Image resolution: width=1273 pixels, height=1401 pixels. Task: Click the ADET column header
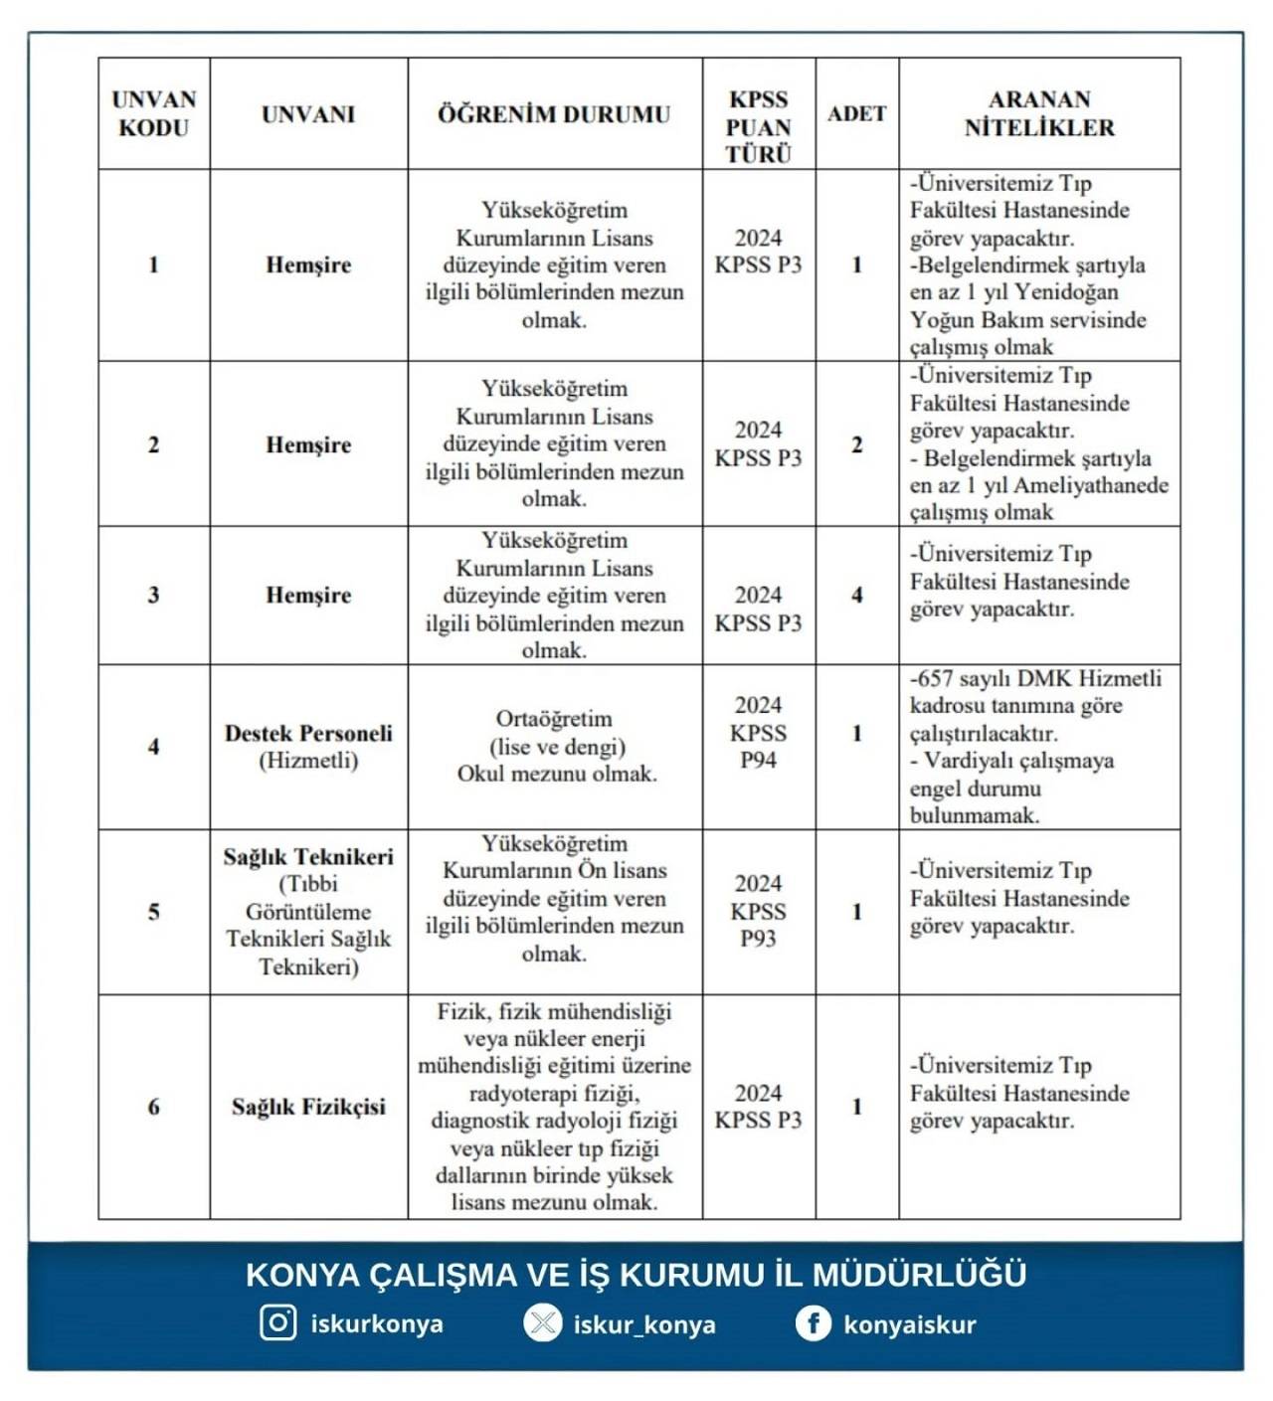click(x=856, y=113)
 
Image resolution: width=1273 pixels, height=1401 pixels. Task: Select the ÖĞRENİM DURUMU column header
click(x=554, y=113)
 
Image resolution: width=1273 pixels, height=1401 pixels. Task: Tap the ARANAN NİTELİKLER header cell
click(x=1039, y=113)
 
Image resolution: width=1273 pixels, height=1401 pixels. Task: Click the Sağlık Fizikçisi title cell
click(x=308, y=1107)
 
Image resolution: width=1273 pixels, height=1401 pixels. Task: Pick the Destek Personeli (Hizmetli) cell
click(x=308, y=747)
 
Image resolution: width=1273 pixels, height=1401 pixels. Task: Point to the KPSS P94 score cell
click(x=758, y=733)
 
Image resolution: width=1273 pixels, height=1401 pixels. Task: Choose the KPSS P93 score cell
click(x=758, y=911)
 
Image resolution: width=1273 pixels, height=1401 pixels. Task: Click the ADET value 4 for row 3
click(x=856, y=595)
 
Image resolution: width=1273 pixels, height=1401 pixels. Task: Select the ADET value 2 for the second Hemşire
click(x=856, y=444)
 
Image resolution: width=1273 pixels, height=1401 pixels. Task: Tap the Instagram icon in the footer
click(x=278, y=1322)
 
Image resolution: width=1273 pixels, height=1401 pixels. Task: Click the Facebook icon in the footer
click(x=813, y=1323)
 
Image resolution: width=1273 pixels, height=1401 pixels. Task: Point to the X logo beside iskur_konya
click(x=543, y=1323)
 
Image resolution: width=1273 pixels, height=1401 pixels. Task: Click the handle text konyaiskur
click(x=910, y=1324)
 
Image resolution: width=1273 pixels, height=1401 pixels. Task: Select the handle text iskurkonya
click(x=377, y=1324)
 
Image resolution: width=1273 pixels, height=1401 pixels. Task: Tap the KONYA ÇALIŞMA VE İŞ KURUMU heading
click(x=636, y=1274)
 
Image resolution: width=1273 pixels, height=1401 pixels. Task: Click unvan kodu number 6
click(x=153, y=1107)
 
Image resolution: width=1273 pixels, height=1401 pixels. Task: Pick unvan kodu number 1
click(x=153, y=264)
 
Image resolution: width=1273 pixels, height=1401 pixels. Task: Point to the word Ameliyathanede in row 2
click(x=1090, y=485)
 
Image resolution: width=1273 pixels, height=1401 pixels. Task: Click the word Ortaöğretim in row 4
click(x=554, y=719)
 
